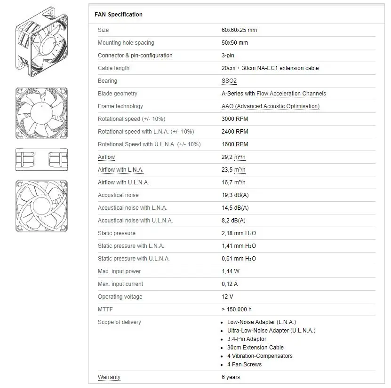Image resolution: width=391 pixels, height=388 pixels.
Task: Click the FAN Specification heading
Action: (x=119, y=15)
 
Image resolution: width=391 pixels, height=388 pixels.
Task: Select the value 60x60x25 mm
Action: (x=239, y=30)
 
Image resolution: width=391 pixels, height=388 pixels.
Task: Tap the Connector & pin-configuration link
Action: (x=135, y=55)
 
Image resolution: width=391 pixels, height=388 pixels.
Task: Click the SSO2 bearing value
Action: (x=229, y=81)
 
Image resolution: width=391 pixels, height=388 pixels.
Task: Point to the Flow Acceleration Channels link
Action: (x=291, y=94)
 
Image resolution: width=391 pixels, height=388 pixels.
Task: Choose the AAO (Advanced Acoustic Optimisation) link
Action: (x=270, y=106)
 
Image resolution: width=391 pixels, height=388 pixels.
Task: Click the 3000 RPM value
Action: (x=235, y=119)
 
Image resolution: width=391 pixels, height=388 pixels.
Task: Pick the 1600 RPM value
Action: (x=235, y=144)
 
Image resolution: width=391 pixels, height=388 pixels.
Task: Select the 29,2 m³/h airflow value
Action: (x=233, y=157)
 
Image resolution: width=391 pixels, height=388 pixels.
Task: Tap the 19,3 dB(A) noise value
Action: (x=235, y=195)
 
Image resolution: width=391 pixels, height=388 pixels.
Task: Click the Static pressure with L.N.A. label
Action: (x=131, y=246)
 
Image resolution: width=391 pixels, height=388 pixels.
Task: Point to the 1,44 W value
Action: (x=231, y=271)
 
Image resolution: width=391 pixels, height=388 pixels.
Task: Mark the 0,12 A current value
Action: (x=230, y=284)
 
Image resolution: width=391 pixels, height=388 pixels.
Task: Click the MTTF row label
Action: (x=105, y=309)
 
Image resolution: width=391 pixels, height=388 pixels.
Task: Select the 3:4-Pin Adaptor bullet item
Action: (x=247, y=339)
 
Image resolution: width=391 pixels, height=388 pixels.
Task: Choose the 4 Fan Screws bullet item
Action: (x=244, y=364)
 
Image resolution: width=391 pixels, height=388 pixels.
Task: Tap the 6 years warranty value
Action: (x=231, y=377)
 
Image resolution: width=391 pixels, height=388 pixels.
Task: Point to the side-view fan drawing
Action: (x=41, y=159)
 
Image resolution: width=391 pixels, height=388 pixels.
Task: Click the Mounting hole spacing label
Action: (x=126, y=43)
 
